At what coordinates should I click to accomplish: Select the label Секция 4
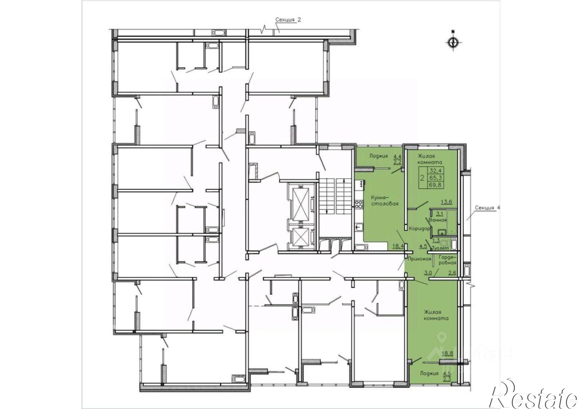click(x=488, y=208)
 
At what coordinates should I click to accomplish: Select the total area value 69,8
click(x=435, y=185)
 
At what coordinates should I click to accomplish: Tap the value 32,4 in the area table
click(x=435, y=170)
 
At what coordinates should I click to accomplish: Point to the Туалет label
click(x=440, y=248)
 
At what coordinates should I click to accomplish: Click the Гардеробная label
click(x=447, y=259)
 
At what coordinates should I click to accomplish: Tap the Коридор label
click(x=418, y=228)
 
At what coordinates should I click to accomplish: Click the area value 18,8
click(x=447, y=353)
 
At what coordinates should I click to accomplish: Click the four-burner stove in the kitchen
click(x=359, y=204)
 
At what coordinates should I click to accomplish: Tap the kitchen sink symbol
click(x=358, y=227)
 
